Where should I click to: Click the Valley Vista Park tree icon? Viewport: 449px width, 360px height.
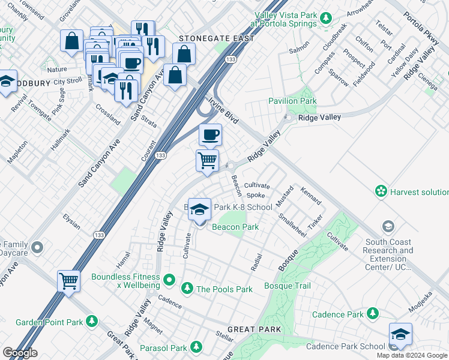pyautogui.click(x=326, y=18)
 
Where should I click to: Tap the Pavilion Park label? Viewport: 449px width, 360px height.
pyautogui.click(x=292, y=101)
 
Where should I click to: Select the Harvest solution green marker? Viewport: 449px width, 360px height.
pyautogui.click(x=380, y=192)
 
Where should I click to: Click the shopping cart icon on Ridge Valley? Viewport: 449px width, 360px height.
pyautogui.click(x=207, y=161)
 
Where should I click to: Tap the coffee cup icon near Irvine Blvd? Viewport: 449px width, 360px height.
pyautogui.click(x=210, y=135)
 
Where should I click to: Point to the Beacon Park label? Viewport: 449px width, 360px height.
pyautogui.click(x=235, y=227)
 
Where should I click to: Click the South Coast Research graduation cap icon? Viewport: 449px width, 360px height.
pyautogui.click(x=388, y=227)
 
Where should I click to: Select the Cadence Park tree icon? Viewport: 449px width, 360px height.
pyautogui.click(x=373, y=313)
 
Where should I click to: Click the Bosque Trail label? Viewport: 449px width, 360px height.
pyautogui.click(x=288, y=286)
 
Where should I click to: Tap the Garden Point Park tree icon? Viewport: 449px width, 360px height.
pyautogui.click(x=92, y=322)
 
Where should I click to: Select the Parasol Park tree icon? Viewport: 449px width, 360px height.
pyautogui.click(x=196, y=347)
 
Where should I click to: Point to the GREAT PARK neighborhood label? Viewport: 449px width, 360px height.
pyautogui.click(x=251, y=330)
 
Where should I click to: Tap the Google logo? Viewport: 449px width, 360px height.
pyautogui.click(x=19, y=353)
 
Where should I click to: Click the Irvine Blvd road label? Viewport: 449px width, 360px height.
pyautogui.click(x=223, y=110)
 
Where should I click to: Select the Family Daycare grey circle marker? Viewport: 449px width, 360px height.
pyautogui.click(x=37, y=247)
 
